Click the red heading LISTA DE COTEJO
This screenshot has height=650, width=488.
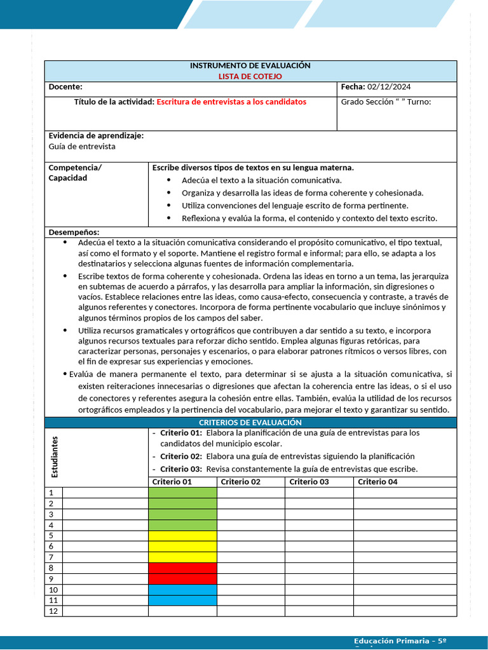(250, 76)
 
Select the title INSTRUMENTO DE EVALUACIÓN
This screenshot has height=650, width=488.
(250, 66)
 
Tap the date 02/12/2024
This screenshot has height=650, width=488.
(390, 87)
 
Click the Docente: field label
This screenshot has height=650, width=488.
(65, 87)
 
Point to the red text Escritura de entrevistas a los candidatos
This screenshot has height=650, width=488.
(231, 102)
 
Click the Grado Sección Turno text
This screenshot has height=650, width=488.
(386, 102)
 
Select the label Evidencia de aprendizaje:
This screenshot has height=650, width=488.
(96, 136)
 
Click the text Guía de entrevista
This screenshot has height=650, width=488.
(82, 147)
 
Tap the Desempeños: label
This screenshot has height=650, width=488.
(74, 232)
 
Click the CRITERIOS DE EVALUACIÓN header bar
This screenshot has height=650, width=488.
(250, 423)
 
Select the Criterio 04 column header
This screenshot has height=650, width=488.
(377, 482)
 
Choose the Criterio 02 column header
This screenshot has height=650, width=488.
(241, 482)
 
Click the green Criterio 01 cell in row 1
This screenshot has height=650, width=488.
(182, 493)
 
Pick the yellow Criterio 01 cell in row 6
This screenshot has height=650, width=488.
(182, 547)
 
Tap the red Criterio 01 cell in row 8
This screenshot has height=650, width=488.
(182, 568)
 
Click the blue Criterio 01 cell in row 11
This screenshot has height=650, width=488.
(182, 600)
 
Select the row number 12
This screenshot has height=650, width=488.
(53, 611)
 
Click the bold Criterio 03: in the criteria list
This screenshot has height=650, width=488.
(181, 469)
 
